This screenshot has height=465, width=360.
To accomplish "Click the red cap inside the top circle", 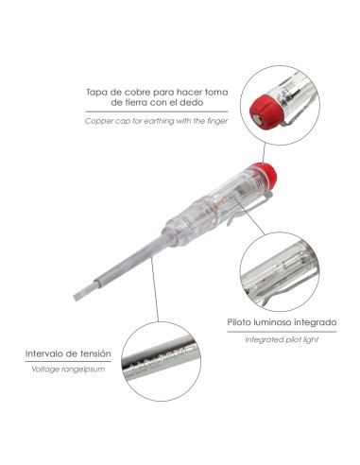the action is pyautogui.click(x=266, y=109).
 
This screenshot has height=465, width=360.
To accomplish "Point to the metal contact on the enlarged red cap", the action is pyautogui.click(x=259, y=119).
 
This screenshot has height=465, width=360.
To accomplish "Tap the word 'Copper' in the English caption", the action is pyautogui.click(x=97, y=121).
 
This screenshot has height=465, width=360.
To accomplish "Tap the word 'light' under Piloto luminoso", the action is pyautogui.click(x=310, y=339).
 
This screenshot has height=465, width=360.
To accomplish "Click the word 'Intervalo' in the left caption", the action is pyautogui.click(x=45, y=353).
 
